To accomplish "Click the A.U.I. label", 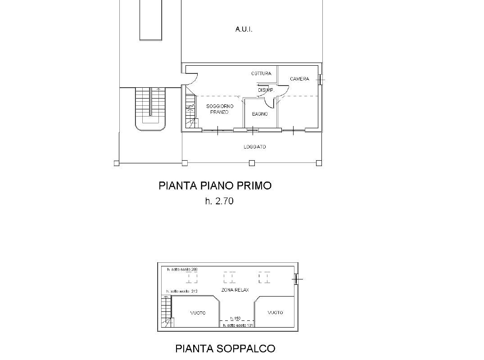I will point(244,29).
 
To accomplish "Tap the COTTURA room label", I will point(261,73).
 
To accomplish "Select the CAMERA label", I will point(299,79).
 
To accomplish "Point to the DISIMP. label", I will point(266,90).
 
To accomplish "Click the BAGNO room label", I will point(260,114).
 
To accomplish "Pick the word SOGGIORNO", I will point(220,106).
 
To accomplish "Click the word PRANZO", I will point(219,112).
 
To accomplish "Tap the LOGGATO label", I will point(255,147).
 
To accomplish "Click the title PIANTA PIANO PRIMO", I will point(215,185).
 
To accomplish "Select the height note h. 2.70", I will point(219,201).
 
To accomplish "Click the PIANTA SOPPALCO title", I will point(225,348).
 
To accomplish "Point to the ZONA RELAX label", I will point(235,290).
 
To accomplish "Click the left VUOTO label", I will point(198,313).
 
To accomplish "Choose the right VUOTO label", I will point(275,313).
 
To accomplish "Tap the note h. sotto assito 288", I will point(182,270).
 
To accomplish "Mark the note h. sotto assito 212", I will point(181,292).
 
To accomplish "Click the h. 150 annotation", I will point(235,318).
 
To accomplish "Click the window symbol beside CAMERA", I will point(321,80).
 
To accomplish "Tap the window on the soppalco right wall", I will point(296,279).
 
